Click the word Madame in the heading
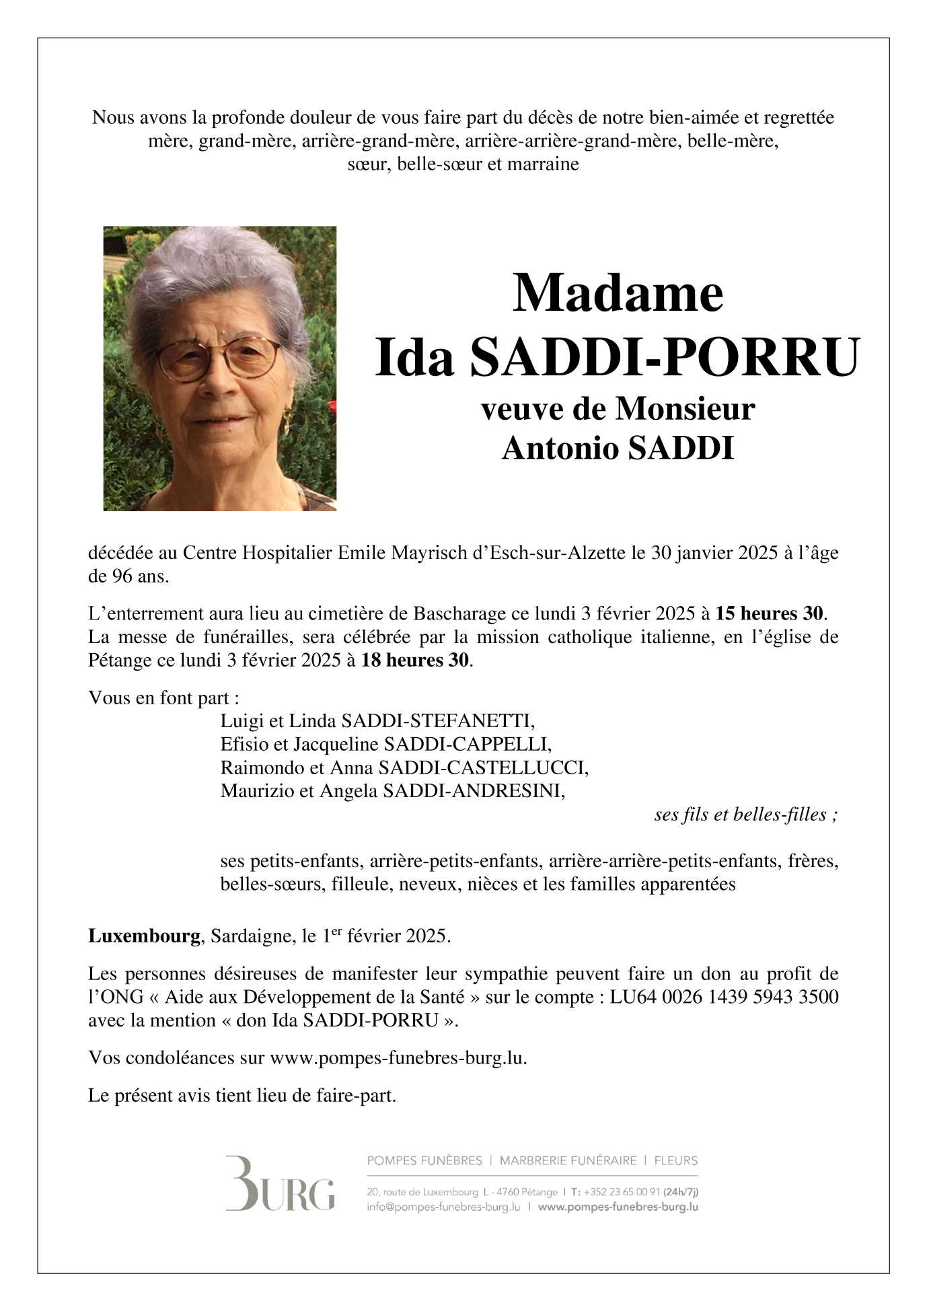coord(617,294)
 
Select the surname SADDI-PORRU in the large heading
coord(664,357)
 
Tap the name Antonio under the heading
coord(560,449)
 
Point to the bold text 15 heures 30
coord(769,613)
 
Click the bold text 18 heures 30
coord(414,660)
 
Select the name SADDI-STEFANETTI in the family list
coord(438,722)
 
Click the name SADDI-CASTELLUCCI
coord(483,767)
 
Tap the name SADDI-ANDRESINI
coord(474,791)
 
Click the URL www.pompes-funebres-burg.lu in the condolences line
coord(396,1057)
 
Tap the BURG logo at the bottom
coord(280,1184)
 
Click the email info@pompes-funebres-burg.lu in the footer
coord(444,1207)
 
